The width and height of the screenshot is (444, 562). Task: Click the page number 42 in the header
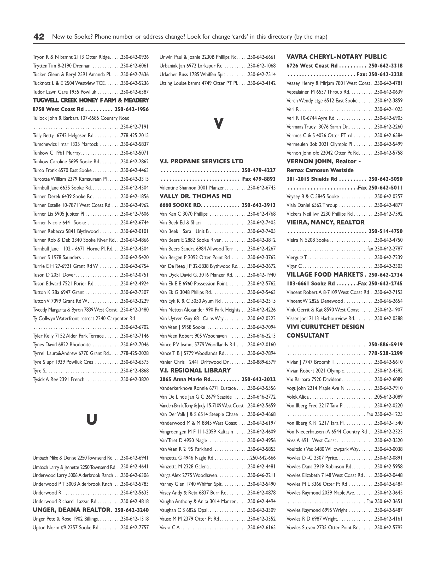click(39, 37)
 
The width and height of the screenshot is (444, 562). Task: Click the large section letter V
click(218, 123)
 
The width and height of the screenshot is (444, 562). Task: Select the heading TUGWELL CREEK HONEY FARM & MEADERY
click(91, 100)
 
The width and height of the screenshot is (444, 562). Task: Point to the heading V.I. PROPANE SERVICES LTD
click(201, 161)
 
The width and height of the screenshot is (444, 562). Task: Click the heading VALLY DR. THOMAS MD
click(195, 196)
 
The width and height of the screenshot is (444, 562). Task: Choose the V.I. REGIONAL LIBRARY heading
click(195, 370)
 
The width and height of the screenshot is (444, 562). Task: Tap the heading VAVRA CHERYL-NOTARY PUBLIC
click(336, 57)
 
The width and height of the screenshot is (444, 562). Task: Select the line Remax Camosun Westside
click(320, 170)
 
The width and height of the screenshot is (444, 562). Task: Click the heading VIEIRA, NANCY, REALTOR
click(325, 222)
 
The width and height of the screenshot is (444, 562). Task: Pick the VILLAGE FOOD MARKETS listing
click(325, 275)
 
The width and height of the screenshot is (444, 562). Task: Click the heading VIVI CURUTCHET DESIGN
click(325, 327)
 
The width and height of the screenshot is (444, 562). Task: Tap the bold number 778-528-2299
click(385, 353)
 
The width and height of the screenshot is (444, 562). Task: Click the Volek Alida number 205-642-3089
click(388, 397)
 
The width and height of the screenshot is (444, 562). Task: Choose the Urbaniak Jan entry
click(191, 66)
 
